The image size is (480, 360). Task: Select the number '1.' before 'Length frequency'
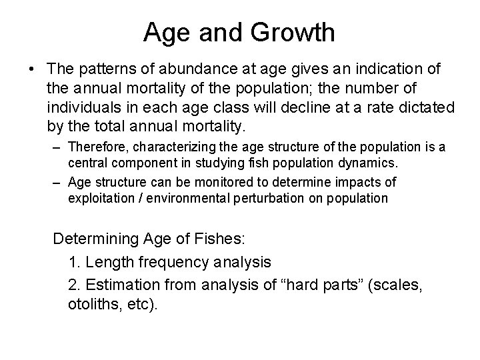click(74, 262)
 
